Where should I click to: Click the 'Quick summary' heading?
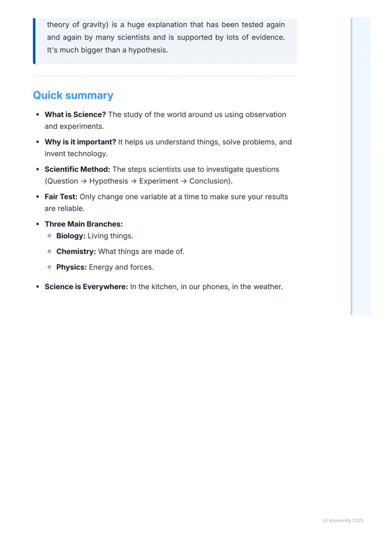point(73,95)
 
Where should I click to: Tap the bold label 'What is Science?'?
point(75,114)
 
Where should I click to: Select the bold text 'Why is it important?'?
point(80,142)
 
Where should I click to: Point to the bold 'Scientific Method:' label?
point(77,169)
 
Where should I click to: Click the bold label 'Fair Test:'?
point(61,196)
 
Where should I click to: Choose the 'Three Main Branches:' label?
point(83,224)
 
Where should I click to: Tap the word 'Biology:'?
point(71,236)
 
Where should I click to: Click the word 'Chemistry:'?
point(76,251)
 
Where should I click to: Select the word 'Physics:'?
point(71,267)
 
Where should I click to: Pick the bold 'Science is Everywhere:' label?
point(86,286)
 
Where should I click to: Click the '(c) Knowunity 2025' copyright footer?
point(343,520)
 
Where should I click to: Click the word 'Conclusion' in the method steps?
point(209,181)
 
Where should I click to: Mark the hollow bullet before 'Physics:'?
point(50,267)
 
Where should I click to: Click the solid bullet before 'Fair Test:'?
point(38,197)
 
